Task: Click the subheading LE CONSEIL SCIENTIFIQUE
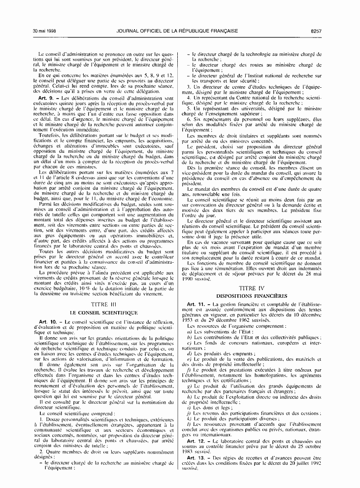point(102,313)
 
